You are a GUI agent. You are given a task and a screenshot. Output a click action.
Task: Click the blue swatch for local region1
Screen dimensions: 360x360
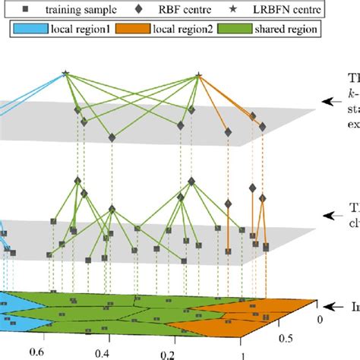click(x=29, y=30)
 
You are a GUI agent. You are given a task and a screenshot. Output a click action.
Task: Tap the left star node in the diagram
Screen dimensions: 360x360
click(x=65, y=74)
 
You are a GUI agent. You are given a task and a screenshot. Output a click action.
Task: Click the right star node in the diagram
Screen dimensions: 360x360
click(x=198, y=75)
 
